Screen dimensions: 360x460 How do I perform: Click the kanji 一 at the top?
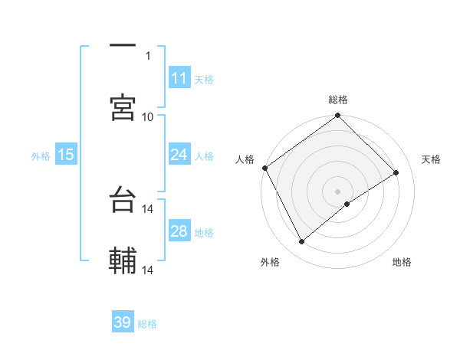tap(123, 46)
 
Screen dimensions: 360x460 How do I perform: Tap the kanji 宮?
tap(123, 107)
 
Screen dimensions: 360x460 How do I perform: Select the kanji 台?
tap(123, 200)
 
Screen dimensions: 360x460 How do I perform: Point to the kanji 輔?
tap(123, 261)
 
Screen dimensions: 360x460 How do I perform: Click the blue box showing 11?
tap(179, 77)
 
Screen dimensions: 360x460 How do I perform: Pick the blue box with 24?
tap(179, 155)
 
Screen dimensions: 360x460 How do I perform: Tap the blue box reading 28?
tap(179, 231)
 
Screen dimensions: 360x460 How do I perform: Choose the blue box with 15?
tap(66, 155)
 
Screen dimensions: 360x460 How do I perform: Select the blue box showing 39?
tap(123, 322)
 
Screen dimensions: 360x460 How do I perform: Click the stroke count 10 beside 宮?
tap(148, 116)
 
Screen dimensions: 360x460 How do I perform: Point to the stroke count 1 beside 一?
tap(148, 55)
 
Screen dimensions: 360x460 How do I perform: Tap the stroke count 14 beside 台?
tap(148, 208)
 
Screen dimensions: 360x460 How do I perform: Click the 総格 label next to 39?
tap(147, 324)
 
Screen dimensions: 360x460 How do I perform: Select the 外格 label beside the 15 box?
tap(41, 155)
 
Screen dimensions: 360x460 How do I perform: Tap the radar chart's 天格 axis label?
tap(431, 159)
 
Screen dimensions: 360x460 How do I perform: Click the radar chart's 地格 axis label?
tap(402, 262)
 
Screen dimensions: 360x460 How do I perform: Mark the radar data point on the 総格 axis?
tap(337, 116)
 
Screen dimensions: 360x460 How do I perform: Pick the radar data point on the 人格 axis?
tap(264, 168)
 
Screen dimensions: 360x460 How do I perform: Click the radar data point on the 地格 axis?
tap(347, 204)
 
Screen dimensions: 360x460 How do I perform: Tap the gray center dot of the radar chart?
tap(337, 191)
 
